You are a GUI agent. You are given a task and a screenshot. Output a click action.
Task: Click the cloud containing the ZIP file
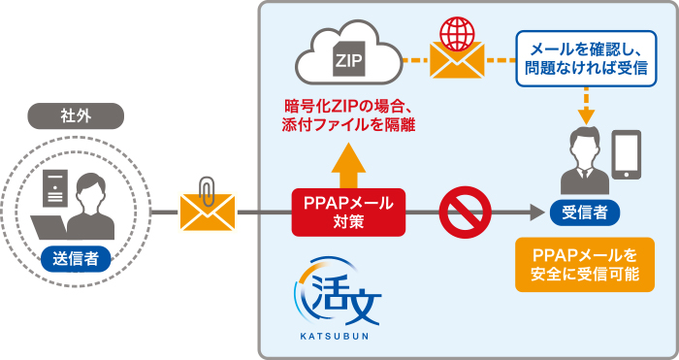[346, 58]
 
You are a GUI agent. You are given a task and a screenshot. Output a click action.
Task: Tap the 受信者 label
[585, 212]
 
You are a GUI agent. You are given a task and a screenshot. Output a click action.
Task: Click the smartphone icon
[629, 156]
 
